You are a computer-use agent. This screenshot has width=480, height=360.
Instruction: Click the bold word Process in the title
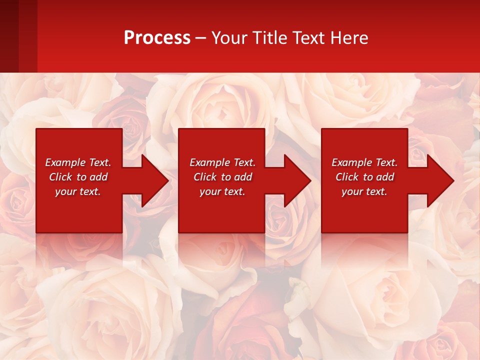click(157, 38)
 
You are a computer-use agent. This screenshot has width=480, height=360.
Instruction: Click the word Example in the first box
click(64, 162)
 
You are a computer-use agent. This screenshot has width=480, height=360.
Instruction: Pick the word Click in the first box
click(61, 177)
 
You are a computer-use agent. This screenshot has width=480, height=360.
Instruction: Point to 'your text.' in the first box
click(78, 191)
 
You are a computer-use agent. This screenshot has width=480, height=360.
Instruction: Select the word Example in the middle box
click(209, 162)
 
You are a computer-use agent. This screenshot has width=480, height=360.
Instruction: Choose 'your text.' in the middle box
click(222, 191)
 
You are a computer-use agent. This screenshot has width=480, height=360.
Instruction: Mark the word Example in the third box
click(351, 162)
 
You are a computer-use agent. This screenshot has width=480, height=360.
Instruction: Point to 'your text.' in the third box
click(364, 191)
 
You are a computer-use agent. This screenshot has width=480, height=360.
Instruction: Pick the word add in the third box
click(385, 177)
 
